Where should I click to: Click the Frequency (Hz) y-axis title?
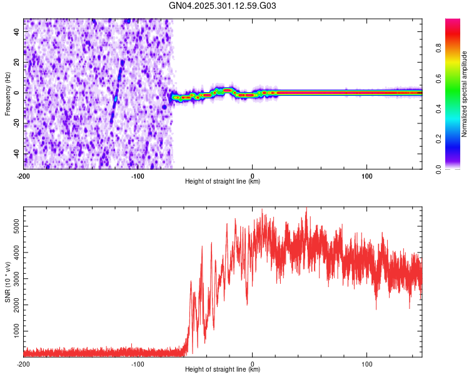click(x=8, y=94)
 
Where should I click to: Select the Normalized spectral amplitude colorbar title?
click(x=464, y=94)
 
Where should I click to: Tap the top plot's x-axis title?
click(x=223, y=182)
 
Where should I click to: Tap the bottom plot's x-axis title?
click(x=223, y=370)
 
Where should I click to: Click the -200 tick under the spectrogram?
click(x=24, y=176)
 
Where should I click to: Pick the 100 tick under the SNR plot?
click(x=367, y=364)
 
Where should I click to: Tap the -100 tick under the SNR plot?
click(x=138, y=364)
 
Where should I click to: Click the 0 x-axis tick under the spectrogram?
click(x=253, y=176)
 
